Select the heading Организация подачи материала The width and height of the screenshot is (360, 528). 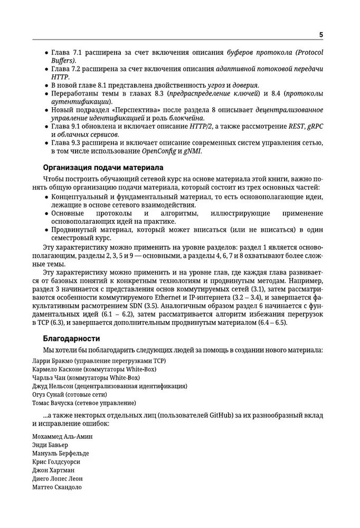click(103, 167)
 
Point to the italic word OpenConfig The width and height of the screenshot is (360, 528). click(160, 151)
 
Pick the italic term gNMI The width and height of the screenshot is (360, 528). click(192, 151)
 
